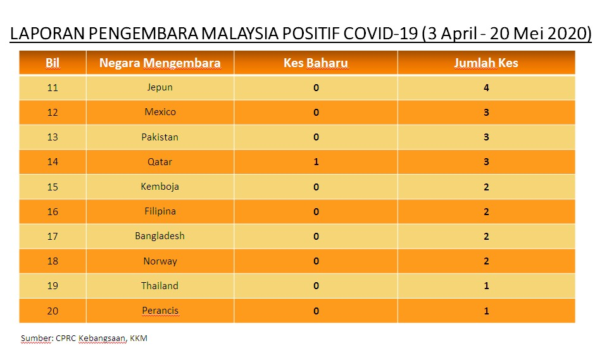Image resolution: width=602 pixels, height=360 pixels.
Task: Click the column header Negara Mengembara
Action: pyautogui.click(x=160, y=63)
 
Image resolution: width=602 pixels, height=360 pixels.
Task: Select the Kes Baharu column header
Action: pyautogui.click(x=316, y=63)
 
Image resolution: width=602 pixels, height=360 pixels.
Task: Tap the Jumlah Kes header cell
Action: pyautogui.click(x=486, y=63)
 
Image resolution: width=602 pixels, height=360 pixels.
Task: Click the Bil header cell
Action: pyautogui.click(x=53, y=63)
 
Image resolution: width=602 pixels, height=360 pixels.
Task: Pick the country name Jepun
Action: pyautogui.click(x=160, y=87)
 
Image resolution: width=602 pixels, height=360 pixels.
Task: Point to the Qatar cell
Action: pyautogui.click(x=160, y=162)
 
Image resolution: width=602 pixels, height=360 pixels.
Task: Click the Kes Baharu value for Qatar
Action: pyautogui.click(x=316, y=162)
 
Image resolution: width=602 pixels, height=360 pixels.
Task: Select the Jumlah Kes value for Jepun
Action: pyautogui.click(x=486, y=88)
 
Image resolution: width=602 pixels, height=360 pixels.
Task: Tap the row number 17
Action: pyautogui.click(x=53, y=236)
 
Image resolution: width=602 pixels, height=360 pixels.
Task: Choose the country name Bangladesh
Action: pyautogui.click(x=160, y=236)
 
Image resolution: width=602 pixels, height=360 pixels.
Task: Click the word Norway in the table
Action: pyautogui.click(x=160, y=261)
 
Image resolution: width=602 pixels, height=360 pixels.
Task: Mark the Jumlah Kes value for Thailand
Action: pyautogui.click(x=486, y=286)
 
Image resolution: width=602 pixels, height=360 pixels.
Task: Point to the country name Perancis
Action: pyautogui.click(x=160, y=311)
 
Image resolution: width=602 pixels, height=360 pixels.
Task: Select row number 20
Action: pyautogui.click(x=53, y=311)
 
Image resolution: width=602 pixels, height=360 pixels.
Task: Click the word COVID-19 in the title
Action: pyautogui.click(x=380, y=34)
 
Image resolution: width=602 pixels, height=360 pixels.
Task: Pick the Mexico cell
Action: pyautogui.click(x=160, y=112)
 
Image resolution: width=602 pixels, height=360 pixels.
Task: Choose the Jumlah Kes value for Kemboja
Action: pyautogui.click(x=486, y=187)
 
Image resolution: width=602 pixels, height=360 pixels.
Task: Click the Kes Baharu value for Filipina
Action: pyautogui.click(x=316, y=211)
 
